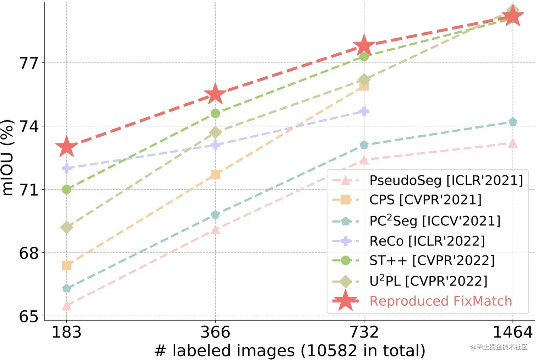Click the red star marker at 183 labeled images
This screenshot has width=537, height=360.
66,147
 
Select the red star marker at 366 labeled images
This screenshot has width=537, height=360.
215,94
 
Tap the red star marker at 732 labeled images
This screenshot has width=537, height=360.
364,45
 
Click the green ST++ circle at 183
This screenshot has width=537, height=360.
66,189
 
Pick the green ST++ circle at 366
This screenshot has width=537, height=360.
215,113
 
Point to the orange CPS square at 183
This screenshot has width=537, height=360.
66,265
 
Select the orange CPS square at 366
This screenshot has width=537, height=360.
215,174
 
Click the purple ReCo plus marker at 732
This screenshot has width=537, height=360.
364,111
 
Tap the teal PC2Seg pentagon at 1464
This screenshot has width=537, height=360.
512,122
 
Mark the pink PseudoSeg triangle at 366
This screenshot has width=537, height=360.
215,230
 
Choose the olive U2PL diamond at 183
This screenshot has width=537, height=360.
66,227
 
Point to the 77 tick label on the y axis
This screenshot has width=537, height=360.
28,63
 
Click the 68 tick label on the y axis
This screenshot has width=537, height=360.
28,253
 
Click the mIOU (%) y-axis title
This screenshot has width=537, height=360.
8,158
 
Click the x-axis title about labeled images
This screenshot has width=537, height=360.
290,351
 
